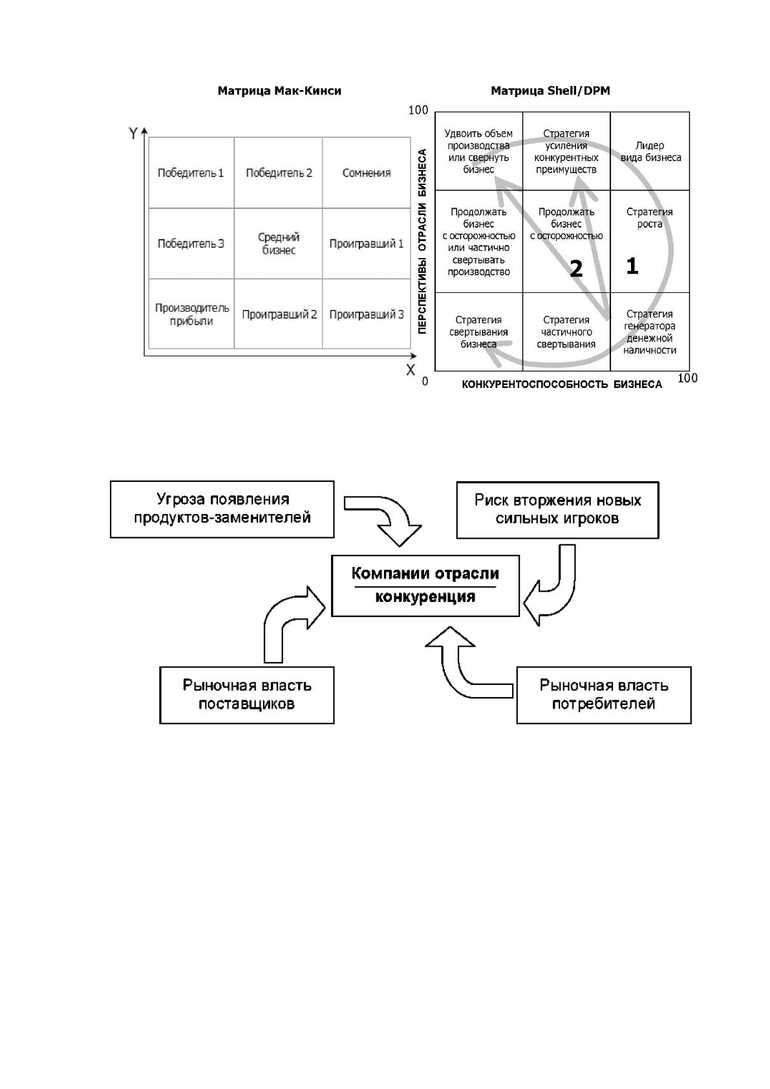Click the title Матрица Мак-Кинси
pos(279,91)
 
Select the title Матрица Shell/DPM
pos(550,91)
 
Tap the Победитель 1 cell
pos(191,173)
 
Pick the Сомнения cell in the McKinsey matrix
pos(367,173)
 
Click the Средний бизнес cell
pos(279,244)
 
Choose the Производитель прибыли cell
pos(191,314)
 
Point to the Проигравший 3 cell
pos(367,314)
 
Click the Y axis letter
pos(133,133)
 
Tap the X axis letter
pos(411,369)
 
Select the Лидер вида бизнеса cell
pos(650,151)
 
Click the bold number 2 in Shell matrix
pos(576,268)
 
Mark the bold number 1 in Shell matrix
pos(632,266)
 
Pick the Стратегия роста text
pos(650,218)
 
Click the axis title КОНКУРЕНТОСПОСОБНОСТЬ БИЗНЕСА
pos(561,385)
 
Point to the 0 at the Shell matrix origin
pos(425,381)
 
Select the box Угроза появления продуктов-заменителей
pos(222,509)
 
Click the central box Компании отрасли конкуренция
pos(425,586)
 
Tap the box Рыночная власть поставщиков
pos(247,695)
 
